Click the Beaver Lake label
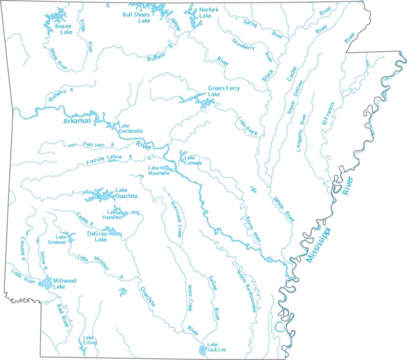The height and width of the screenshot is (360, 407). point(63,29)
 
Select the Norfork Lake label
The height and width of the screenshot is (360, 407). point(209,12)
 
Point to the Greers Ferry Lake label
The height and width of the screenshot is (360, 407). point(214,91)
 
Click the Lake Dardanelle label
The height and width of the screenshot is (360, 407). point(131,129)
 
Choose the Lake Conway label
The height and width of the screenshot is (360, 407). point(193,161)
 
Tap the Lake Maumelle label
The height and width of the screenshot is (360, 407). point(158,170)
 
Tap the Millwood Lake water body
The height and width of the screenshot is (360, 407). point(45,283)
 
